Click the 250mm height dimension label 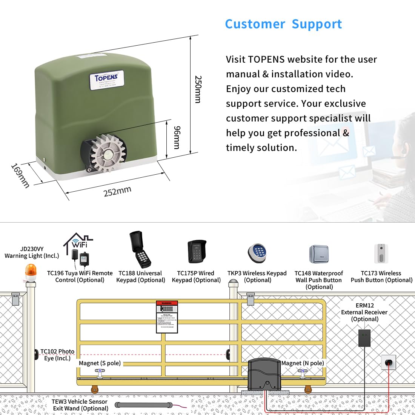(x=198, y=89)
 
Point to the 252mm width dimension (x=117, y=191)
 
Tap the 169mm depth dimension (x=20, y=175)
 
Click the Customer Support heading (x=283, y=24)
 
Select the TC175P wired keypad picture (x=197, y=252)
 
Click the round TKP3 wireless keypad (x=257, y=253)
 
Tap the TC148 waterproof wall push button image (x=319, y=254)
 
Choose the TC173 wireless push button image (x=381, y=254)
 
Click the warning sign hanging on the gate (x=167, y=317)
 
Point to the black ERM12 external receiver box (x=364, y=338)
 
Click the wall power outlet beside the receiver (x=388, y=362)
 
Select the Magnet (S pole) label (x=100, y=363)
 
